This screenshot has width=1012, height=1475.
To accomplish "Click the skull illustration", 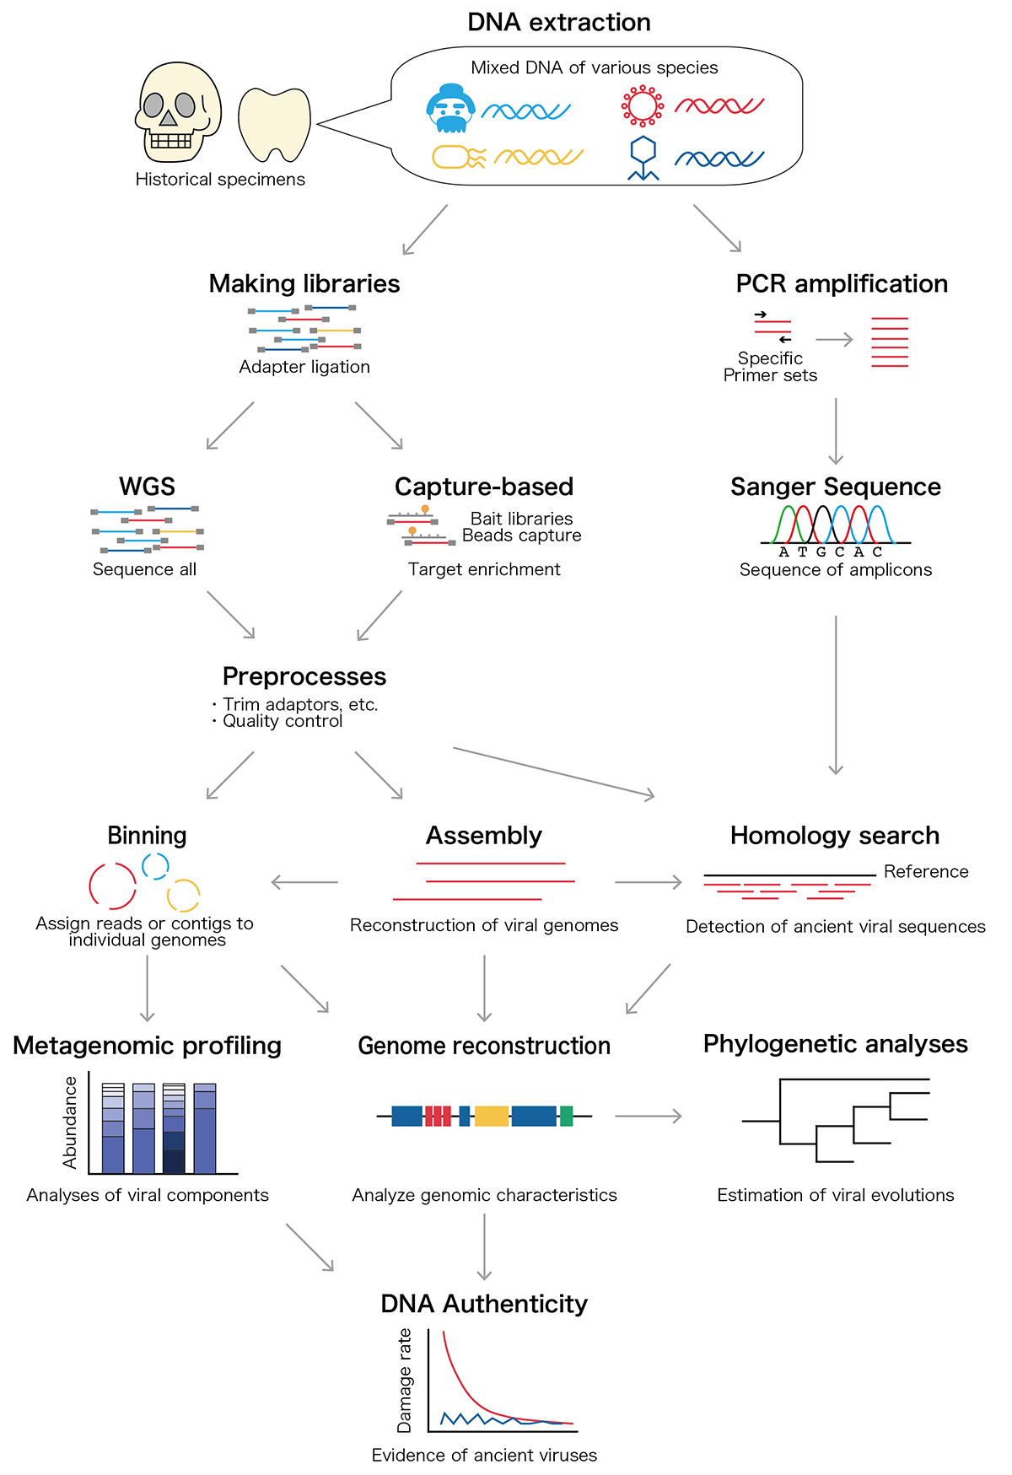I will point(178,112).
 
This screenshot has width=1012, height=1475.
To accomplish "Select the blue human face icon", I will point(451,109).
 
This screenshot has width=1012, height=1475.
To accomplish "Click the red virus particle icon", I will point(643,106).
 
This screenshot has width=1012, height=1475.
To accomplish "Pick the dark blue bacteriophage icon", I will point(643,158).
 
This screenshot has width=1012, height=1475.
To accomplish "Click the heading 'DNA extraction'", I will point(559,23).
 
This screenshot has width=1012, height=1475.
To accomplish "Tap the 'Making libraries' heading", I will point(304,284).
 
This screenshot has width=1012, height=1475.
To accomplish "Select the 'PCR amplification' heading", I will point(842,284).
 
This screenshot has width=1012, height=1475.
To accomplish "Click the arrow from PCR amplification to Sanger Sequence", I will point(836,431).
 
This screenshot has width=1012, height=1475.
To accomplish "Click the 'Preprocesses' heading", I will point(304,676).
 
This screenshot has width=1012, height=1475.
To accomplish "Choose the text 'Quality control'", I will point(283,721).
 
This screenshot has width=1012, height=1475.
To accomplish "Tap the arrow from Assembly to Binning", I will point(304,883).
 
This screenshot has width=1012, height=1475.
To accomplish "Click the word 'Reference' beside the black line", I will point(926,872).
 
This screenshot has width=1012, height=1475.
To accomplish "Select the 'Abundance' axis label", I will point(71,1122).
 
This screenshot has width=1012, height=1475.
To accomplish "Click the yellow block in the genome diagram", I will point(492,1117).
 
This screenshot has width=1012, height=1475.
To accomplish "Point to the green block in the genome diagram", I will point(566,1117).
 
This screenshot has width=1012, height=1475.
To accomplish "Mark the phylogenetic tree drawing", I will point(836,1119).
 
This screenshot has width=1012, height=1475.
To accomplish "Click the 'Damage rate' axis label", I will point(405,1381).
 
